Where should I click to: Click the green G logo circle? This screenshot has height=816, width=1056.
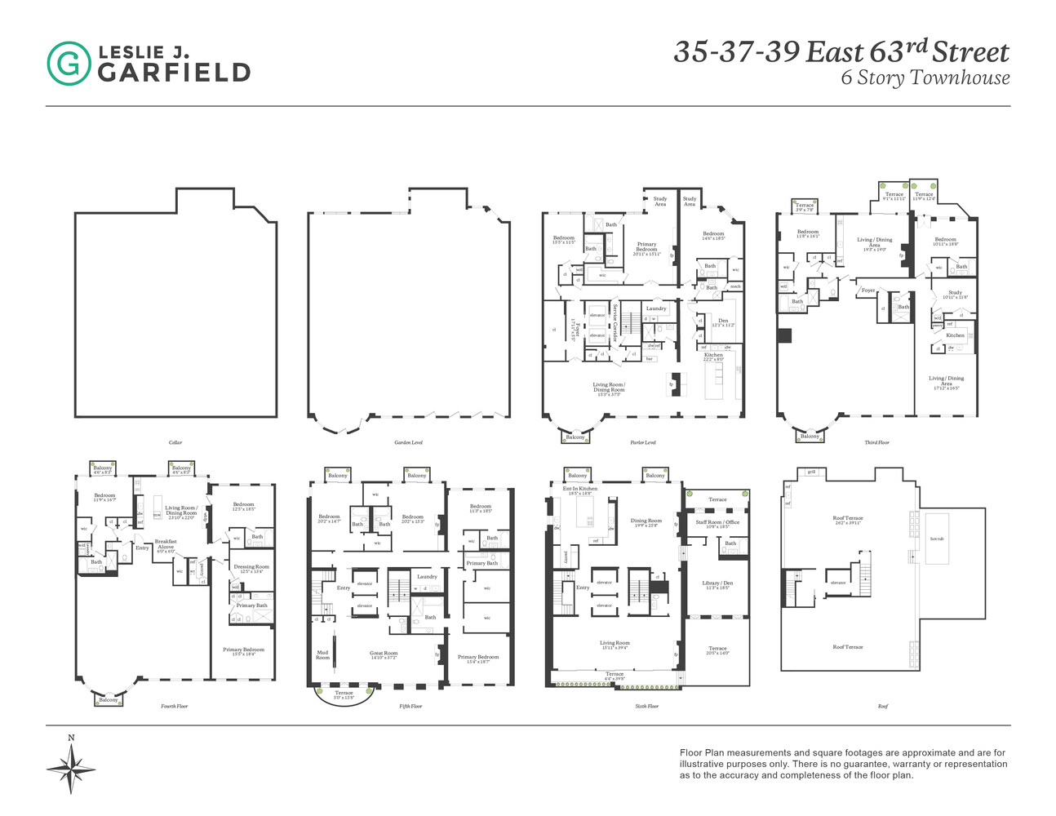coord(69,64)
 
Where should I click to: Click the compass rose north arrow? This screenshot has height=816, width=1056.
coord(71,765)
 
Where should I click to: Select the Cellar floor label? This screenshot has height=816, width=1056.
coord(175,443)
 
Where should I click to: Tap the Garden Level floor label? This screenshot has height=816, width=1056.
coord(407,443)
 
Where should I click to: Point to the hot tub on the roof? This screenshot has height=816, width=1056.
coord(935,539)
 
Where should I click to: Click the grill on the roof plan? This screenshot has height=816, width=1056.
coord(810,472)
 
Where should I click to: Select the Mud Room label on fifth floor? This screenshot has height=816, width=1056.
coord(322,654)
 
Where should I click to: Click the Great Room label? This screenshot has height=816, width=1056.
coord(384,653)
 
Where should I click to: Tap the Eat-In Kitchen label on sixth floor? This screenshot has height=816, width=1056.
coord(580,489)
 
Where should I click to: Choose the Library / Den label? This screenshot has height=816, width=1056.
coord(717,583)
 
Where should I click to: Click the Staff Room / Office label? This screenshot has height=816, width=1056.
coord(717,521)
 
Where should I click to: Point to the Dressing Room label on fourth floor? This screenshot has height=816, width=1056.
coord(251,566)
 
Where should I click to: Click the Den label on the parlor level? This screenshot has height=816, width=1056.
coord(723,321)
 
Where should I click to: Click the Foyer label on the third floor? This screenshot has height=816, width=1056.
coord(867,290)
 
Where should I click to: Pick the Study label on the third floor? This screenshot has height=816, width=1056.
coord(955,292)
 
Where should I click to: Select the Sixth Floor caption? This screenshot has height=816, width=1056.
coord(646,706)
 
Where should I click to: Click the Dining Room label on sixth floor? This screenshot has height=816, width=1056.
coord(646,521)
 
